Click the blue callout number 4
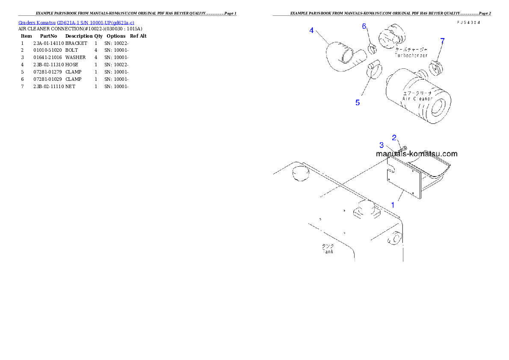312,30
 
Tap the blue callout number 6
364,27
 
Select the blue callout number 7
442,41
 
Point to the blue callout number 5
358,103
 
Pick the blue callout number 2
395,137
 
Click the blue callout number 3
382,145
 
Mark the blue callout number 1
393,205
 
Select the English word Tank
328,251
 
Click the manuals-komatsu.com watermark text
417,154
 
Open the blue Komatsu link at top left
76,22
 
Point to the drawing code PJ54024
468,22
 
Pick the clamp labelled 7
435,67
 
